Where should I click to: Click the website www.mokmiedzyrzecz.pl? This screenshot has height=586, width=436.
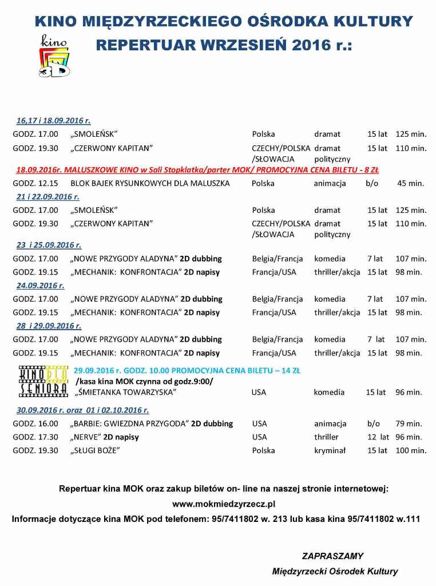pos(224,504)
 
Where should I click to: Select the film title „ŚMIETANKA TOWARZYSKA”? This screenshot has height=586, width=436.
pos(125,393)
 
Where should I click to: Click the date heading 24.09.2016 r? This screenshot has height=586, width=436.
pos(40,285)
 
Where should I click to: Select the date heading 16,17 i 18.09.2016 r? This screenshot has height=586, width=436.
pos(53,121)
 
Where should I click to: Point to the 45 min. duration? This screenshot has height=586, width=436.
pos(410,184)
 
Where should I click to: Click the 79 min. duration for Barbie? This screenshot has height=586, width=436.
pos(409,424)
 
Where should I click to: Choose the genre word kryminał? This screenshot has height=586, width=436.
pos(330,450)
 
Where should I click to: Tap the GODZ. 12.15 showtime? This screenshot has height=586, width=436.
pos(35,184)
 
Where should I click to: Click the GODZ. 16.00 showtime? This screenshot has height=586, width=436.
pos(35,424)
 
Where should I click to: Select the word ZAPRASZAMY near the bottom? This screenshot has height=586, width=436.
pos(332,556)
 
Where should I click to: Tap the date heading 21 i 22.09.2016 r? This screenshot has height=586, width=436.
pos(47,197)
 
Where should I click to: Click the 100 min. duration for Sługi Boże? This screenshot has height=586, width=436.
pos(411,450)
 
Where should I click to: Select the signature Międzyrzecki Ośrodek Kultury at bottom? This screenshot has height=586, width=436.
pos(335,571)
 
